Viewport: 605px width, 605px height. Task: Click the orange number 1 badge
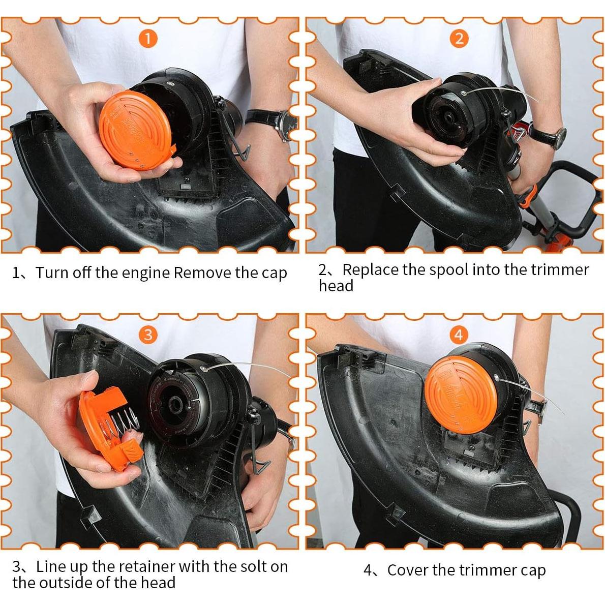click(x=147, y=39)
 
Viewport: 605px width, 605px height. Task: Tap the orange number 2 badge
click(x=459, y=39)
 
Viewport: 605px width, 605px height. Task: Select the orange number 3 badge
click(x=148, y=335)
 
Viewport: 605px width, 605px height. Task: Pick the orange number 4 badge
click(x=459, y=335)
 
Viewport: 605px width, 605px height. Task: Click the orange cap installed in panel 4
click(x=459, y=391)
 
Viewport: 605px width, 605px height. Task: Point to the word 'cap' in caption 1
click(x=275, y=273)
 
